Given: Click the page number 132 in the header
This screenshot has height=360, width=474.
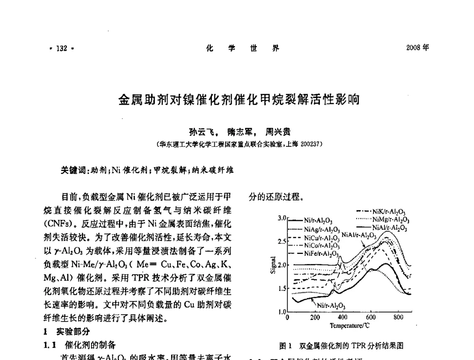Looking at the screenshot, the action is point(62,48).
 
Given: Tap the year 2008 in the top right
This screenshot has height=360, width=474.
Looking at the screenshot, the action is point(414,48).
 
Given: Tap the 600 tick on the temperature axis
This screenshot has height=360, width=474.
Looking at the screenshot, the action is point(370,317).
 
